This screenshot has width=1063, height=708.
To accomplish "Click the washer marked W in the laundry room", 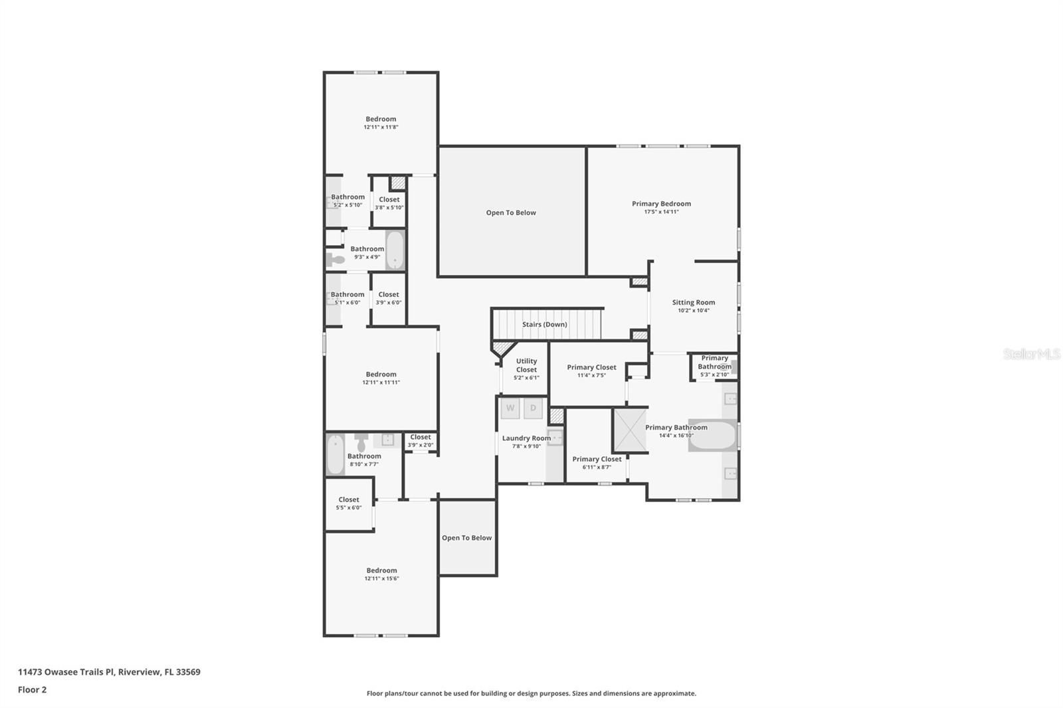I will [x=510, y=408].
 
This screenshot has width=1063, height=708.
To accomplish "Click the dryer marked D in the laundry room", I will [x=533, y=408].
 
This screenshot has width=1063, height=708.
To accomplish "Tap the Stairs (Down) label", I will [x=544, y=324].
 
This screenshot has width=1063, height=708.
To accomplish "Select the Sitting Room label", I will [x=693, y=302].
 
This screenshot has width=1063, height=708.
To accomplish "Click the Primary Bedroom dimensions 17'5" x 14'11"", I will [x=661, y=212].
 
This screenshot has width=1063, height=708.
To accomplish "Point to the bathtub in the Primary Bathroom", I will [x=712, y=436].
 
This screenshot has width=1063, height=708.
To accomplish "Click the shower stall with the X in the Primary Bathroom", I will [x=629, y=430].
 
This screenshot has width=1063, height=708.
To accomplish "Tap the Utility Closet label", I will [x=526, y=365].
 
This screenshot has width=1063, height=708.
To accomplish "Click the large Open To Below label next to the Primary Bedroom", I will [x=511, y=213].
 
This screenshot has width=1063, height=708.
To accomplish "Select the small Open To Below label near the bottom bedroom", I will [x=466, y=538].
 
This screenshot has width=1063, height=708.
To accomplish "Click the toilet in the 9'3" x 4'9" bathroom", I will [x=336, y=259].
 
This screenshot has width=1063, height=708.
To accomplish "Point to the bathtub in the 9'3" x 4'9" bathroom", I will [x=395, y=250].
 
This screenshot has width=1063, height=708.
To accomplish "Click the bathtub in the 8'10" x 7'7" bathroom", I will [x=336, y=454].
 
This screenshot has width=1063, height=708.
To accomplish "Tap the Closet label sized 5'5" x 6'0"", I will [x=348, y=499].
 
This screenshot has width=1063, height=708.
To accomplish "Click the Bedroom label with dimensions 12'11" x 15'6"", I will [x=381, y=571].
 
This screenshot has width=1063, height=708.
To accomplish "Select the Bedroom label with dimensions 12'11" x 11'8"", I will [x=381, y=120].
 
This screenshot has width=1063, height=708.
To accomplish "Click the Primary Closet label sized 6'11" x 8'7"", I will [x=597, y=459].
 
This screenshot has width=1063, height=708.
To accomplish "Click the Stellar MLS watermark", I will [x=1031, y=354].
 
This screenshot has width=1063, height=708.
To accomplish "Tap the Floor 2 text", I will [x=32, y=689].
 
